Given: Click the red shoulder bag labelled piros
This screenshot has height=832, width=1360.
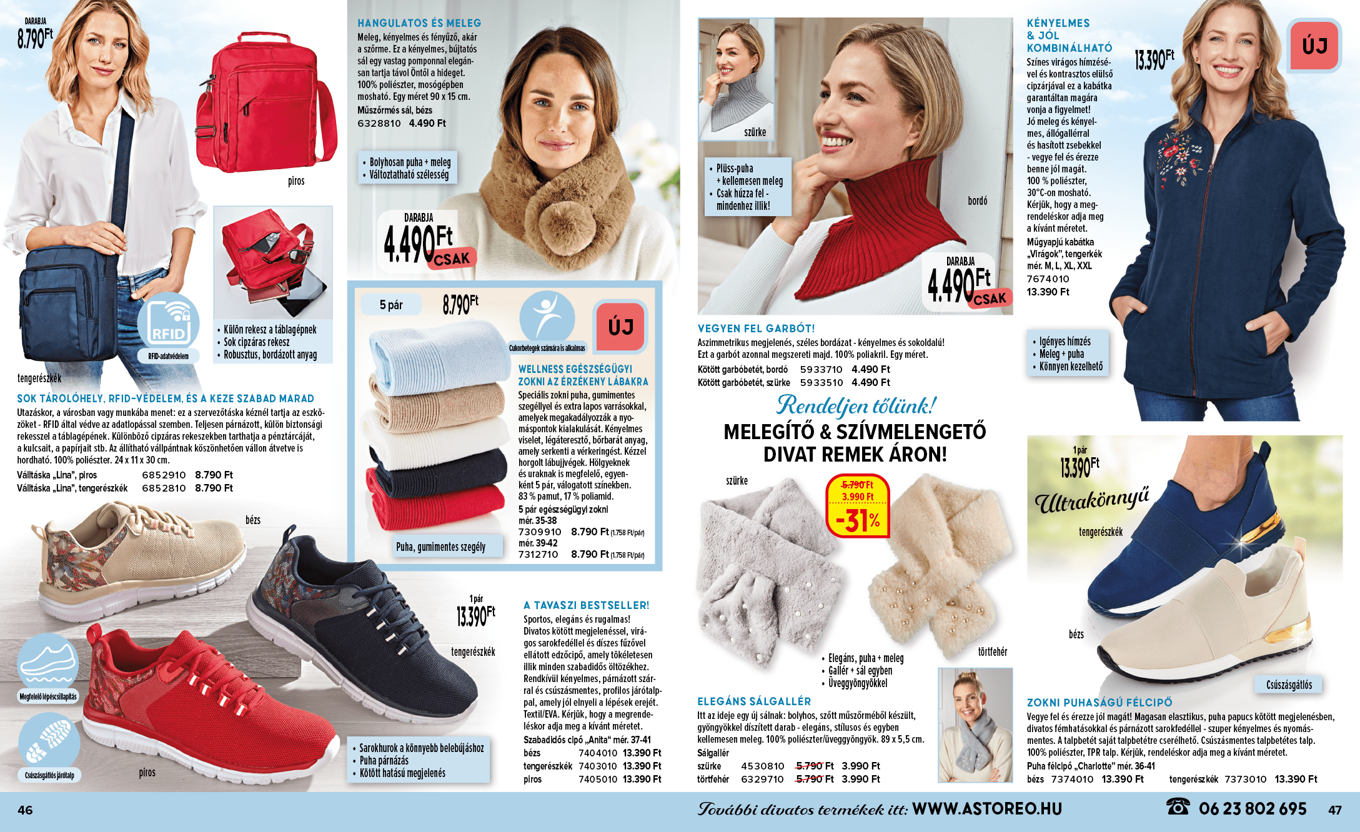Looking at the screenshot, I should pos(266,103).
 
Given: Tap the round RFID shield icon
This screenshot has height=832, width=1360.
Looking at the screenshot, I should pos(169,322).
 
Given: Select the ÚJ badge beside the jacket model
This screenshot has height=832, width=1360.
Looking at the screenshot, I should pos(1314,46).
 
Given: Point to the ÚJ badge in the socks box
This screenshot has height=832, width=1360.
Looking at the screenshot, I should pos(620,327).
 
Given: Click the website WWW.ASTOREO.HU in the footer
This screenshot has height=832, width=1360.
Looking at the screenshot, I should pos(987,809).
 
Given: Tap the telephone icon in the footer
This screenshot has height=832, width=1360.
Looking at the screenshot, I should pos(1178,807).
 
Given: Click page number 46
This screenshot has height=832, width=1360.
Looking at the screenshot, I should pos(25,810).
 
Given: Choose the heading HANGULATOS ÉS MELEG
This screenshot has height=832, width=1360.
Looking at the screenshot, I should pos(419,23).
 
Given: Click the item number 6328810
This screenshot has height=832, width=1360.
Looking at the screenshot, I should pos(379,124).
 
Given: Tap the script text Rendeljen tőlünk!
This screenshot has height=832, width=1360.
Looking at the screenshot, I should pos(856,406).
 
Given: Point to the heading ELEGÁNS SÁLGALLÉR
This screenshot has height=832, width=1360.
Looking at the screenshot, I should pos(754,701).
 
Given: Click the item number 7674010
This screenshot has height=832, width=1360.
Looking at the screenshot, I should pos(1048,279).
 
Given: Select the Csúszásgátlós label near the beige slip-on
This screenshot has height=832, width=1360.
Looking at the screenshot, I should pos(1289,685).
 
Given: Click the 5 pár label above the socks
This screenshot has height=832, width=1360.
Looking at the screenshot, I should pos(391,305).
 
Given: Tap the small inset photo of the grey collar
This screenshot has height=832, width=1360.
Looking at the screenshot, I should pos(737,78).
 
